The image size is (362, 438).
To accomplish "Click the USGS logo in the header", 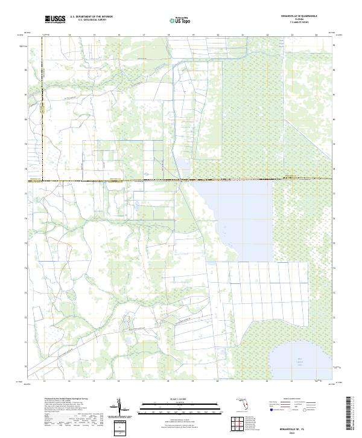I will point(55,19).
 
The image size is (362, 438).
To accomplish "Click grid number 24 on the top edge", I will point(316,35).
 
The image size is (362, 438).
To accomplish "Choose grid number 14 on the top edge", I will point(69,35).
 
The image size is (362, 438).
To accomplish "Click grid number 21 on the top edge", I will point(242,35).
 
